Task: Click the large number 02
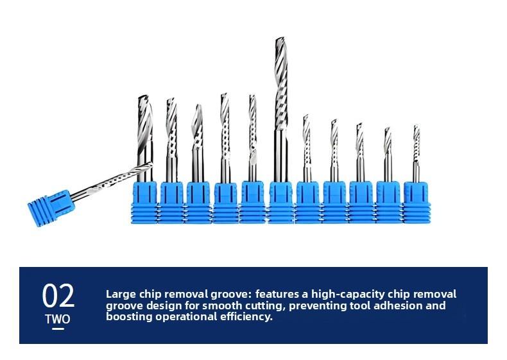pyautogui.click(x=58, y=296)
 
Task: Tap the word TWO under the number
pyautogui.click(x=58, y=319)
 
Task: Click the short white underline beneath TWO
pyautogui.click(x=58, y=329)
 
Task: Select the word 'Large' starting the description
pyautogui.click(x=121, y=295)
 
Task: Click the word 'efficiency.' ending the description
pyautogui.click(x=246, y=316)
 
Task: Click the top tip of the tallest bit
pyautogui.click(x=280, y=38)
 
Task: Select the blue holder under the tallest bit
pyautogui.click(x=280, y=203)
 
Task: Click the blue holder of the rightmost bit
pyautogui.click(x=417, y=203)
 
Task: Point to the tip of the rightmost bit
pyautogui.click(x=417, y=126)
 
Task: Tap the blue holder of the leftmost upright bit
pyautogui.click(x=144, y=203)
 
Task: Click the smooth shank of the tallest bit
pyautogui.click(x=280, y=156)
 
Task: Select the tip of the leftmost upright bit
pyautogui.click(x=143, y=96)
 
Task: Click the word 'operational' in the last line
pyautogui.click(x=186, y=316)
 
